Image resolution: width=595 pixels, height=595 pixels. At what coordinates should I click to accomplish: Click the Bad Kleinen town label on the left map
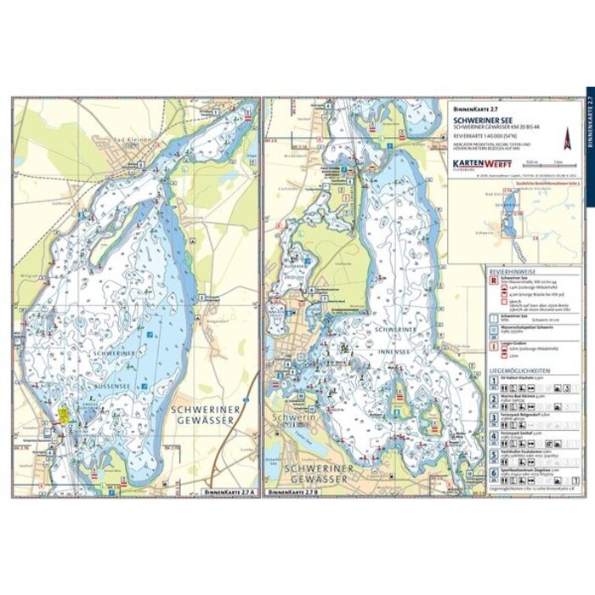point(133,138)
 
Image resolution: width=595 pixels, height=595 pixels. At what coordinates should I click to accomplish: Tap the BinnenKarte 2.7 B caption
point(292,492)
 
